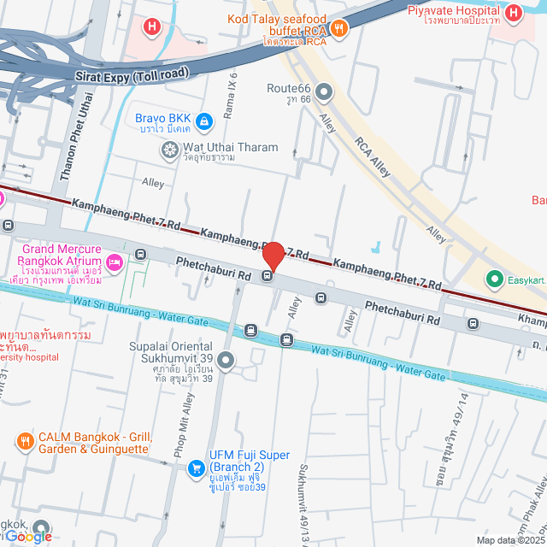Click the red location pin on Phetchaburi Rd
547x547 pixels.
(x=273, y=256)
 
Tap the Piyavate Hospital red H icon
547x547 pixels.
(x=513, y=13)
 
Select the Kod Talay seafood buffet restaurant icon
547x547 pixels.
(x=339, y=27)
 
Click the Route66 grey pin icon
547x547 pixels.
(x=324, y=91)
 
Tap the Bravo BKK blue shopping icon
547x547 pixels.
(x=203, y=122)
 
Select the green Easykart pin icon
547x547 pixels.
(x=493, y=279)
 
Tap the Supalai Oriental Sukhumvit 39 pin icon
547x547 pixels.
(x=226, y=361)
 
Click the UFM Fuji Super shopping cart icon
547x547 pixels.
(x=197, y=468)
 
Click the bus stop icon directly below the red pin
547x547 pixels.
(x=268, y=275)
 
